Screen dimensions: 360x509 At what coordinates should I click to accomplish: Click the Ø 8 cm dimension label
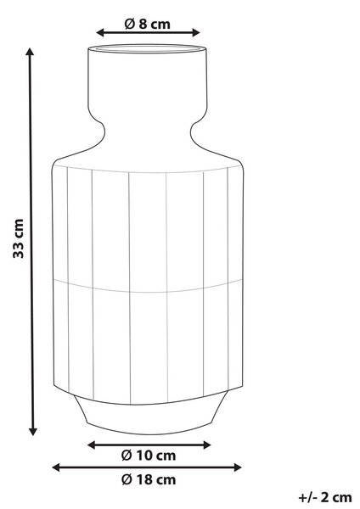click(x=148, y=24)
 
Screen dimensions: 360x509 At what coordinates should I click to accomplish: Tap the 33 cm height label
click(x=18, y=238)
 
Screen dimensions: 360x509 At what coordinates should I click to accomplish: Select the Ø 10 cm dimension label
click(x=149, y=456)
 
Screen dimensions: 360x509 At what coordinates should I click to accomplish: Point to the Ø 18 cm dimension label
click(x=149, y=479)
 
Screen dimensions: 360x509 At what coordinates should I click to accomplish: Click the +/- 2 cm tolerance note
click(x=325, y=497)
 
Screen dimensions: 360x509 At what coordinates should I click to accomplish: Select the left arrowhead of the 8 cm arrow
click(x=100, y=32)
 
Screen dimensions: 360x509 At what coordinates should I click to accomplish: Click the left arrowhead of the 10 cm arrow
click(x=92, y=445)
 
